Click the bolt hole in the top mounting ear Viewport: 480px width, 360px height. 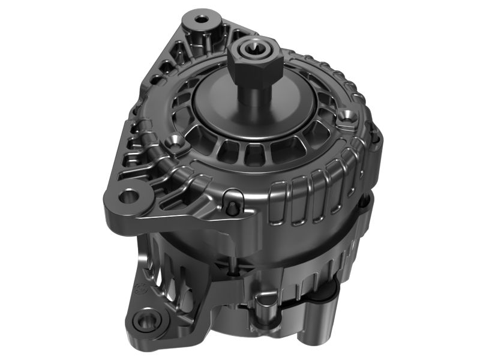(202, 19)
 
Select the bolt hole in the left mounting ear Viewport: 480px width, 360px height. (128, 196)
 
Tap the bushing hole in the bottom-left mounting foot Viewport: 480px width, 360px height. (145, 320)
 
